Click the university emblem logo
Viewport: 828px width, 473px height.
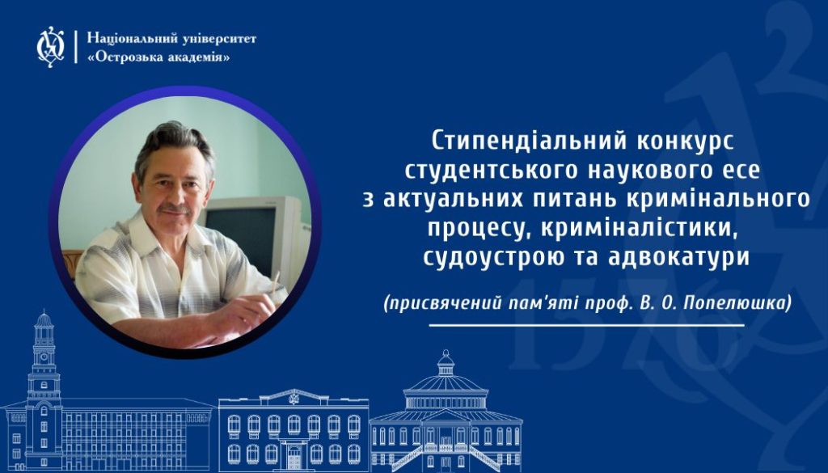click(51, 47)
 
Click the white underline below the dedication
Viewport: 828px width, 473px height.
click(586, 326)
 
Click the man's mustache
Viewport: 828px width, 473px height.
click(175, 209)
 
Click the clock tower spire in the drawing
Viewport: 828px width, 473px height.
click(44, 319)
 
